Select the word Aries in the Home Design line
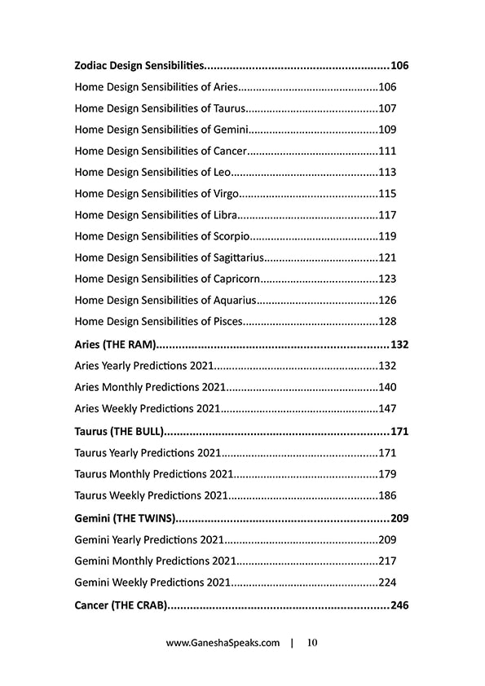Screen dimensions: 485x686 [x=225, y=86]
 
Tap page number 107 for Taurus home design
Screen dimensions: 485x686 [x=387, y=108]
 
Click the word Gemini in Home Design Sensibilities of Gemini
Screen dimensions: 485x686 [x=231, y=130]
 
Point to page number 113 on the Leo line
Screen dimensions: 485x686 [x=387, y=172]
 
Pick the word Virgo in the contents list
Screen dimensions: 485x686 [x=226, y=193]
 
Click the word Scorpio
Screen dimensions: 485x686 [x=231, y=236]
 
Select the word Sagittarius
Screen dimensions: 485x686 [x=238, y=257]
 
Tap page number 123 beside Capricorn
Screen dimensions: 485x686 [x=387, y=279]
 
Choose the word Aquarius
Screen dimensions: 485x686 [x=235, y=301]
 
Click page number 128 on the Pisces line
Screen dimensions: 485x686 [x=387, y=322]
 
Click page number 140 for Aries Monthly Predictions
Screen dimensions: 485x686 [x=387, y=387]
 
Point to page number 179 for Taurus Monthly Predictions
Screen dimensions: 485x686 [x=387, y=473]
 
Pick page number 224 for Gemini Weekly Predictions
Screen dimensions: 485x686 [x=387, y=583]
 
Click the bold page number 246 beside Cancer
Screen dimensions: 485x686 [x=399, y=605]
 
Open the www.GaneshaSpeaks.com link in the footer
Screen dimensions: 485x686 [x=223, y=643]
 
